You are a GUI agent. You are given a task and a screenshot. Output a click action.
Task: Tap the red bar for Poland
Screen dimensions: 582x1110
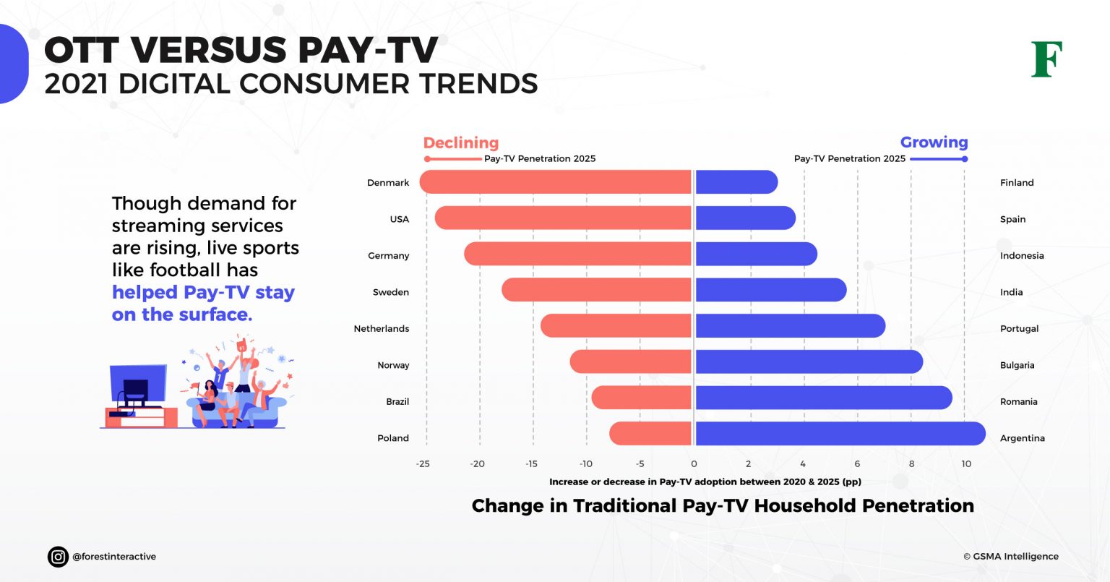click(x=650, y=434)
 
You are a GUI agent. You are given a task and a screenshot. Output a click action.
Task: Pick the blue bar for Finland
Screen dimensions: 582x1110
click(x=736, y=182)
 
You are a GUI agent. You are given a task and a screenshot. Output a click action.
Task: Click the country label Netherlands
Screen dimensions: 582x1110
click(x=381, y=329)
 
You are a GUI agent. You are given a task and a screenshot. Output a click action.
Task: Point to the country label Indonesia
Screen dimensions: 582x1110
click(x=1021, y=256)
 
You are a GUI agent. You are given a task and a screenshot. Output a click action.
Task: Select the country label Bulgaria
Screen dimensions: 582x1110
click(x=1017, y=365)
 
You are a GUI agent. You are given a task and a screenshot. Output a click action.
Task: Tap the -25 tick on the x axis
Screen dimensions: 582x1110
click(x=423, y=464)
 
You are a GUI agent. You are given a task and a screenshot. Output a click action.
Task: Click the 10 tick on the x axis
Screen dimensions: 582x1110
click(x=965, y=464)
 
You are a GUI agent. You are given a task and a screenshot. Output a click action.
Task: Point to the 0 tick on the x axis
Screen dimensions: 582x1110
click(x=694, y=464)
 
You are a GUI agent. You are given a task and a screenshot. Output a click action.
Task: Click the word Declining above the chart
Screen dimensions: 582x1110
click(x=460, y=143)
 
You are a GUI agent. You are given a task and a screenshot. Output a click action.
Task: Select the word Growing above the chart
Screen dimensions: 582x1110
click(x=934, y=142)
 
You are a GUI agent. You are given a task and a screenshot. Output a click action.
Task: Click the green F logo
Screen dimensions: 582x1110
click(x=1046, y=59)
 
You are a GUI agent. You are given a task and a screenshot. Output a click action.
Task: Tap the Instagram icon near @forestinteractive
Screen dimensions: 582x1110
click(x=58, y=557)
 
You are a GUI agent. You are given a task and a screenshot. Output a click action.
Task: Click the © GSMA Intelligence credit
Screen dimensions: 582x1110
click(x=1010, y=557)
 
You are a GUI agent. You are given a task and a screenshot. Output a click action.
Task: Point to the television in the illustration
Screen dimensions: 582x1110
click(x=137, y=385)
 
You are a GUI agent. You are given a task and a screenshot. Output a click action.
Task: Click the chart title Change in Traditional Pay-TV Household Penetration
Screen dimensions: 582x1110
click(x=722, y=506)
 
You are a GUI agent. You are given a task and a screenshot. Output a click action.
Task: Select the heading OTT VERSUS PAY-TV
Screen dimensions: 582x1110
click(x=241, y=51)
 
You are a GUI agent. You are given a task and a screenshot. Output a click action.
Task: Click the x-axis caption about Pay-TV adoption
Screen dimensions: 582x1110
click(x=705, y=482)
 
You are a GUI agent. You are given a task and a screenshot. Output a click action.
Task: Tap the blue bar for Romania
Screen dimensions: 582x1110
click(x=823, y=398)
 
